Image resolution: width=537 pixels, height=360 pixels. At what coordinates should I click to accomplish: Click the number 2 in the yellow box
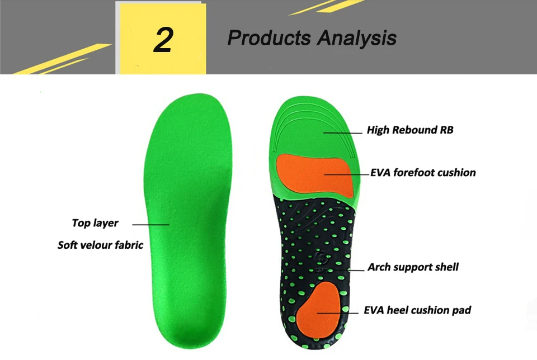(163, 40)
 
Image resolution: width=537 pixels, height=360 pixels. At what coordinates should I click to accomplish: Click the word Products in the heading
(268, 39)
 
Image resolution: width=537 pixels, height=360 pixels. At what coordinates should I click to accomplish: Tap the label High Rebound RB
(409, 130)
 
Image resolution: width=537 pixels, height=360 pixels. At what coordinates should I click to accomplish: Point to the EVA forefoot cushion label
(423, 173)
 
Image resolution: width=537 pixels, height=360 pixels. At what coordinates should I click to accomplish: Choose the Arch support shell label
(413, 267)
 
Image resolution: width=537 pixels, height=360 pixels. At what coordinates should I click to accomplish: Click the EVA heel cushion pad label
(417, 310)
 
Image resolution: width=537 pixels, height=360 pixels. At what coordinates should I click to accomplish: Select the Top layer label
(95, 223)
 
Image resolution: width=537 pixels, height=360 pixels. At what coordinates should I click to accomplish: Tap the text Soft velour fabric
(101, 245)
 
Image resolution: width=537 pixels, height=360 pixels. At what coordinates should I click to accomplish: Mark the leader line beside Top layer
(150, 224)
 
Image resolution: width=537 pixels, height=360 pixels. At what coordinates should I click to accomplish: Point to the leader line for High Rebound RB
(342, 132)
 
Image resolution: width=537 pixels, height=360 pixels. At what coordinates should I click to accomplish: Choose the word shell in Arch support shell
(446, 267)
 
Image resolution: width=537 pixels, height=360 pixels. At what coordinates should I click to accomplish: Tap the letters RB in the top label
(446, 130)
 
